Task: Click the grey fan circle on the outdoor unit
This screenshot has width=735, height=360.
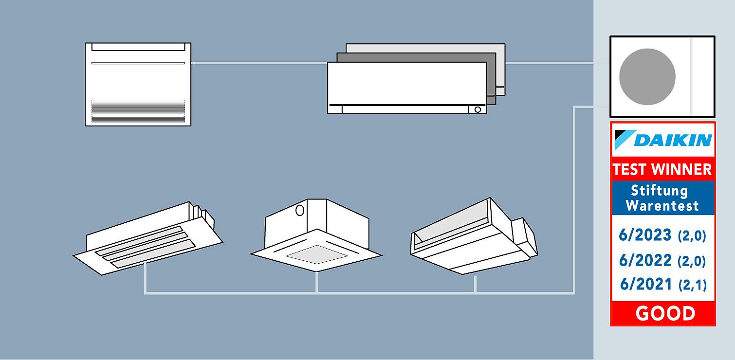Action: point(647,77)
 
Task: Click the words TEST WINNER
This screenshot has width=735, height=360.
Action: point(662,169)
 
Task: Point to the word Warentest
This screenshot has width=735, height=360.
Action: point(662,205)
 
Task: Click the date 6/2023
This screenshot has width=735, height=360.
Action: point(645,235)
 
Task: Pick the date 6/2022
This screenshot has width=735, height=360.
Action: point(645,261)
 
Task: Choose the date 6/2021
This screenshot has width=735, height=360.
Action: point(645,284)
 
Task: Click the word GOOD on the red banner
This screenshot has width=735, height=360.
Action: point(665,314)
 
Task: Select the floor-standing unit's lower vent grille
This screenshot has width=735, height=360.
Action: point(138,111)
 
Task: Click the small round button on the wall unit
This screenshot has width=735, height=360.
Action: point(478,110)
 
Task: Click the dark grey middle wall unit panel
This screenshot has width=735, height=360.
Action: point(491,78)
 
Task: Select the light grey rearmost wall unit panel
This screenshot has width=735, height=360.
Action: point(500,68)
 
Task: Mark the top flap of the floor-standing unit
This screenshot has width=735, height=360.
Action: point(138,47)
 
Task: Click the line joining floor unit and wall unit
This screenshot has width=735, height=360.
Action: point(258,63)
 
